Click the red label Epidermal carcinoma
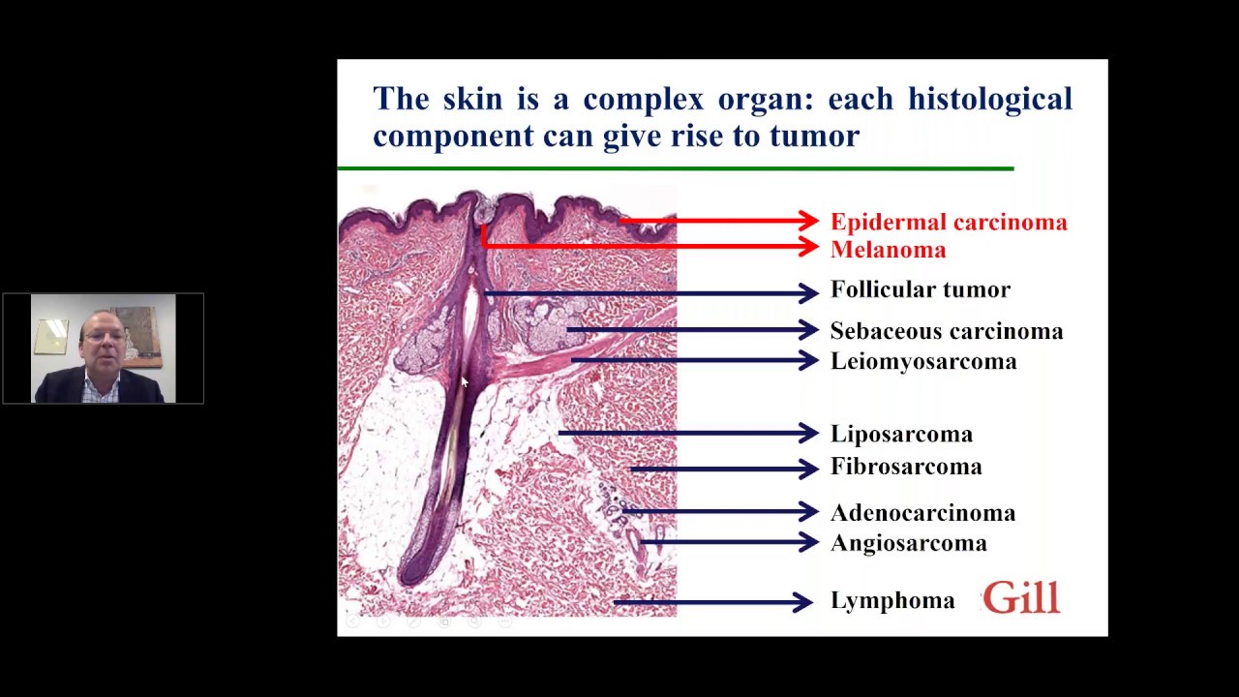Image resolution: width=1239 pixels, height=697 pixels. (948, 222)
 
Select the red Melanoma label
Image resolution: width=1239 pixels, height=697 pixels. (888, 250)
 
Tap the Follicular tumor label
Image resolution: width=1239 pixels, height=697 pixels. (920, 289)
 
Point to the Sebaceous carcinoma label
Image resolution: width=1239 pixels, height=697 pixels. (946, 331)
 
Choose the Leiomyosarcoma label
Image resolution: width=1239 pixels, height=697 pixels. (922, 361)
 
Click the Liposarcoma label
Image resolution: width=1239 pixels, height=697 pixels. (900, 434)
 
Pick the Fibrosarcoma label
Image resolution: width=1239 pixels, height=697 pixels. (905, 467)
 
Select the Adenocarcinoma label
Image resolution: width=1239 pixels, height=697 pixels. (922, 513)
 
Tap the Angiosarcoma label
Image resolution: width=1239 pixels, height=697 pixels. (908, 543)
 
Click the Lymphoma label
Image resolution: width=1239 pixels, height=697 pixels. (891, 601)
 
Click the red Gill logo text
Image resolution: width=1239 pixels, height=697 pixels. (1021, 599)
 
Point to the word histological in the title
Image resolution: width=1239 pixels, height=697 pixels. (989, 99)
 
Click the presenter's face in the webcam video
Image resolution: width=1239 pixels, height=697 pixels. (103, 341)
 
